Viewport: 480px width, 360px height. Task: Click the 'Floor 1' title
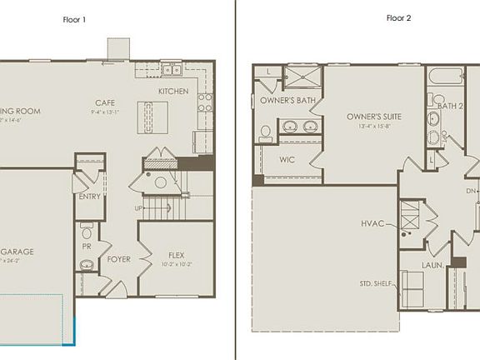(74, 17)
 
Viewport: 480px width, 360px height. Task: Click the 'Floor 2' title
(398, 17)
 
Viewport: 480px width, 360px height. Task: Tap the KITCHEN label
(173, 91)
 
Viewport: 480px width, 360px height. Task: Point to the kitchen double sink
(170, 69)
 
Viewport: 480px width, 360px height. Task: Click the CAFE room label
(104, 104)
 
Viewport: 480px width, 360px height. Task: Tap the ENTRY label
(89, 197)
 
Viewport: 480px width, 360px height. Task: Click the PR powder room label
(87, 247)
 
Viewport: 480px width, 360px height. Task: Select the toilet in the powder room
(87, 227)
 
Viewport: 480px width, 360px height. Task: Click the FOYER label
(119, 259)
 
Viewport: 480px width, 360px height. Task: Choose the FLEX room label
(176, 256)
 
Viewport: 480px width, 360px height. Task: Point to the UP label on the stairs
(138, 207)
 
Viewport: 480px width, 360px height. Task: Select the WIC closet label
(287, 158)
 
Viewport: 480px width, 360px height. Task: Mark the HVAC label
(372, 223)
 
